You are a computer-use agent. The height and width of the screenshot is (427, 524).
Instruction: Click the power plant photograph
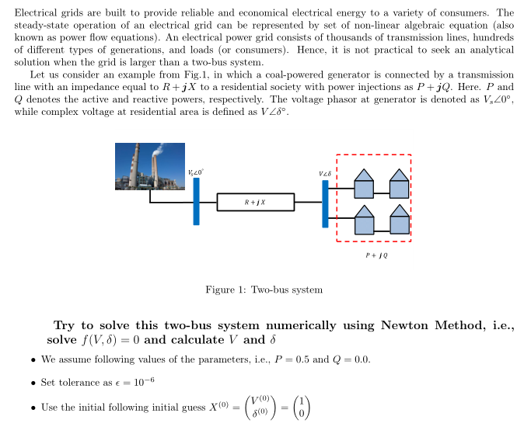pos(150,166)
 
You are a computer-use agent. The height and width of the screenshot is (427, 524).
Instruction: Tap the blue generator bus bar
pos(197,201)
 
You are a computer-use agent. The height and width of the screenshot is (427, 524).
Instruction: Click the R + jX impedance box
pos(255,202)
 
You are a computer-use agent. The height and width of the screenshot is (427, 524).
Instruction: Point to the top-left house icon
pos(364,184)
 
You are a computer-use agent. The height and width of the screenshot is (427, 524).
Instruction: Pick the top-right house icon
pos(398,184)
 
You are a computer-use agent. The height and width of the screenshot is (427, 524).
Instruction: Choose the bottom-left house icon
pos(364,220)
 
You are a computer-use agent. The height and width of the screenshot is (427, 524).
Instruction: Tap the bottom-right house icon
pos(398,220)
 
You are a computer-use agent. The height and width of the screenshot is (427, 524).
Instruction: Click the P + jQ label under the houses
pos(377,255)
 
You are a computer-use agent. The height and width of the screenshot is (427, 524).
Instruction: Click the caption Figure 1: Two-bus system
pos(264,290)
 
